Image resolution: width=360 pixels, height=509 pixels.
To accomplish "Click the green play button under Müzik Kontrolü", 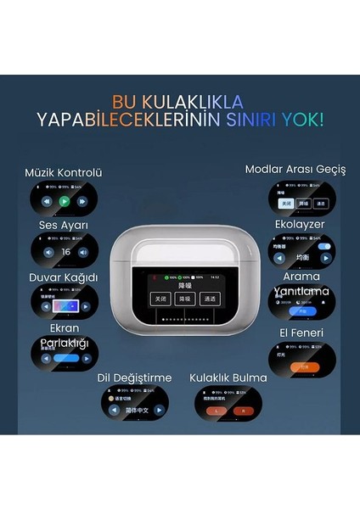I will point(64,202).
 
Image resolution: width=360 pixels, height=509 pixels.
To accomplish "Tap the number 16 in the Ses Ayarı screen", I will point(65,252).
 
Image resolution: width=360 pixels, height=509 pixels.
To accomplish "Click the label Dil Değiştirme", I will point(134,378).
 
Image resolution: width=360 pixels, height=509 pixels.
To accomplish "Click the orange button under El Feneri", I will point(303,366).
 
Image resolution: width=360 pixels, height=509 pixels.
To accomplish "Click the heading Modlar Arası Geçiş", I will point(295,169).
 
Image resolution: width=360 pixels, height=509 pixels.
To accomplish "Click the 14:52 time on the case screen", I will point(215,277).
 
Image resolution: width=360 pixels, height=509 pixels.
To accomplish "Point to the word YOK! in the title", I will point(299,118).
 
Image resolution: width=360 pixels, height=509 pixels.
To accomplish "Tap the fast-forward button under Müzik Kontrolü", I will point(82,202).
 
